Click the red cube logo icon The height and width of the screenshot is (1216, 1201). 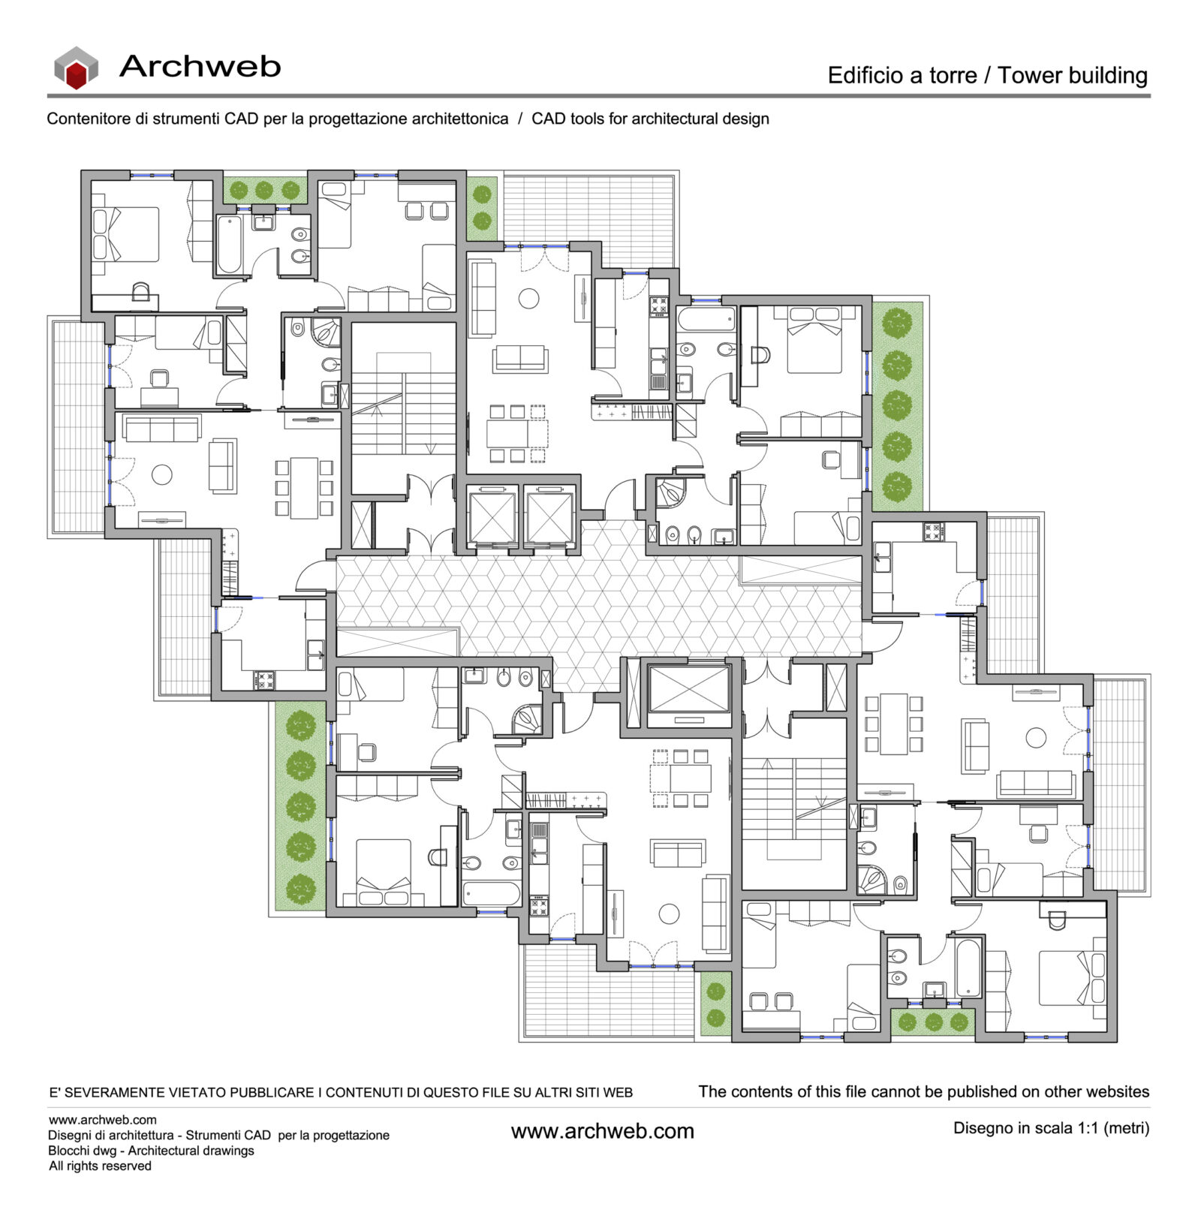pos(76,68)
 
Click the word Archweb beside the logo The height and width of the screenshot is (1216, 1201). pos(200,66)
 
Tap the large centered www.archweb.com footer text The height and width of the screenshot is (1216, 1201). pos(602,1131)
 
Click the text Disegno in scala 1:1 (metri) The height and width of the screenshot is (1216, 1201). pos(1051,1127)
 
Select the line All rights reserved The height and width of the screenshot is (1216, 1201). pos(100,1166)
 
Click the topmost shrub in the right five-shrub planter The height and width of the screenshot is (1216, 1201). pos(897,324)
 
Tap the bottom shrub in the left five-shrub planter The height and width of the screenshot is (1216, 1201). pos(301,889)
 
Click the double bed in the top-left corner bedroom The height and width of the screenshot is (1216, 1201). pos(125,234)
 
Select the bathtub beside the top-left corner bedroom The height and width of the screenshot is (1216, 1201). pos(229,245)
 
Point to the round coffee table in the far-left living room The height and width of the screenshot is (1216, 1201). pos(161,474)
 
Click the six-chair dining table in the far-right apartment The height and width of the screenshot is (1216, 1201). pos(893,724)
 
